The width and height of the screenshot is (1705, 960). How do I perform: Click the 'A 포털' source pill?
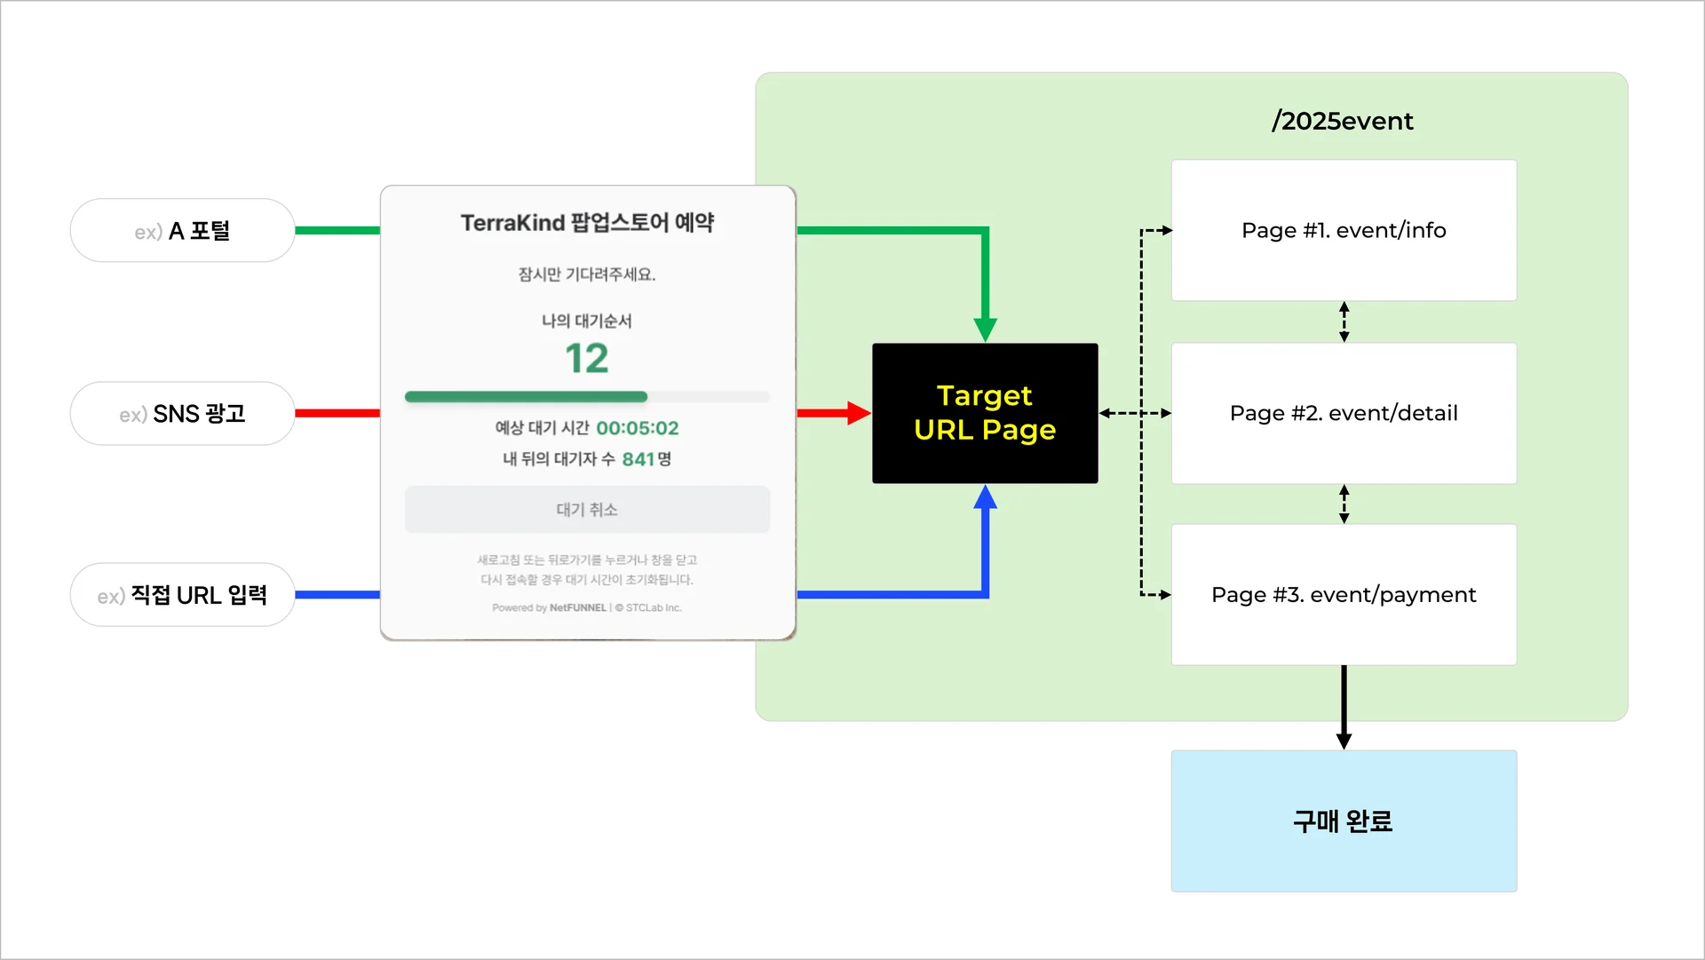tap(182, 231)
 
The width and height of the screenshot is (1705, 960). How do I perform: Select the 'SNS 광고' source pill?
tap(182, 414)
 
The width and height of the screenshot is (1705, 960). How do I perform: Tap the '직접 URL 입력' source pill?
tap(182, 595)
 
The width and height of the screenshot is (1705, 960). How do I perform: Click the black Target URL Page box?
tap(985, 413)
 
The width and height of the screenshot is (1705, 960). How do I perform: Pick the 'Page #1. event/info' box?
tap(1344, 231)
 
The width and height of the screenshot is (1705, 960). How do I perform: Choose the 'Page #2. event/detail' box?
tap(1344, 413)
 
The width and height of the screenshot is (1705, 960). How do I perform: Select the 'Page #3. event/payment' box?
tap(1344, 595)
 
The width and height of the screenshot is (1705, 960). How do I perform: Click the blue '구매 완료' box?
tap(1344, 821)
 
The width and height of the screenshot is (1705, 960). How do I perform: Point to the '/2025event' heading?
tap(1342, 121)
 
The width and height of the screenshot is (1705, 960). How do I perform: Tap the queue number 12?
tap(587, 359)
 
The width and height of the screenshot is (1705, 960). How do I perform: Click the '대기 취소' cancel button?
tap(587, 510)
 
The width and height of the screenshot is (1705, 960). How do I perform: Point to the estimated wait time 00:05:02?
tap(637, 428)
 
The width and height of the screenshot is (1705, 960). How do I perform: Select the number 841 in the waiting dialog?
tap(638, 459)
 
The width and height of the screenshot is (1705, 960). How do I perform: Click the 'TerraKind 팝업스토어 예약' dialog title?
tap(587, 223)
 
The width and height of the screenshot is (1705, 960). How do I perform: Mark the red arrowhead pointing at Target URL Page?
tap(858, 413)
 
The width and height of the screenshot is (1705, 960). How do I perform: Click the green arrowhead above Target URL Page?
tap(985, 329)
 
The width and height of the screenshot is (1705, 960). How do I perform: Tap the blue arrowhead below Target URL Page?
tap(985, 497)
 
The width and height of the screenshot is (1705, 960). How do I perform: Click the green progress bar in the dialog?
tap(526, 397)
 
